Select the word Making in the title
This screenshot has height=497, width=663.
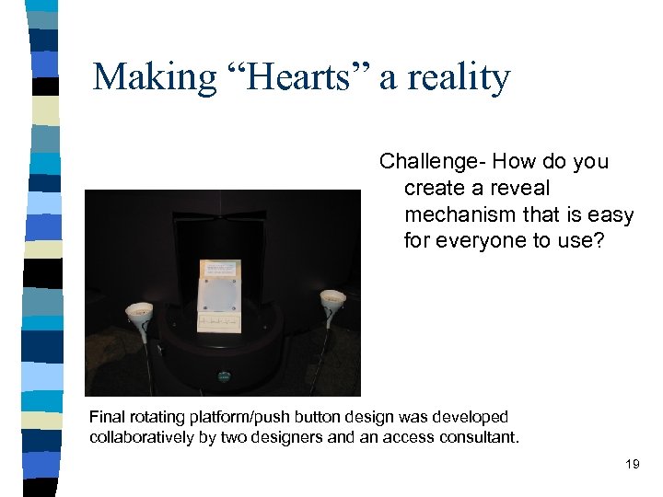151,76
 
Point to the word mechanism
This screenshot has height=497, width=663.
464,214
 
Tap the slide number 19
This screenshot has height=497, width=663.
632,464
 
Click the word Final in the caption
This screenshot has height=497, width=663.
107,417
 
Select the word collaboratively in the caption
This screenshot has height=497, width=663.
142,436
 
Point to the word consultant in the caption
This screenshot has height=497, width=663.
480,436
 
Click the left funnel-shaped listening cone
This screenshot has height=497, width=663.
139,310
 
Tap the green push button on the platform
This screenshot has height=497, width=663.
223,376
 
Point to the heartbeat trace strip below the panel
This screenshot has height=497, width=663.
219,322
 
